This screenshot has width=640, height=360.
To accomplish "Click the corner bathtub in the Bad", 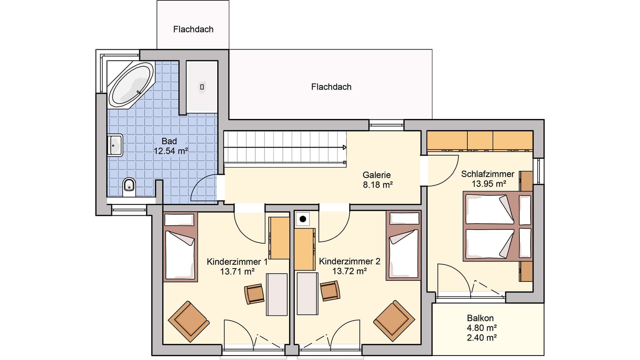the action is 131,84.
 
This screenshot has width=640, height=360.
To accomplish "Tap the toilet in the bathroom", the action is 129,187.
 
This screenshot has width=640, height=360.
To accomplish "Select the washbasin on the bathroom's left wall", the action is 115,145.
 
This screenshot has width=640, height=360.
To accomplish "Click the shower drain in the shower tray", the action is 202,87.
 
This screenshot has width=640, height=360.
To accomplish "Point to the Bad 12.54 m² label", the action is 170,146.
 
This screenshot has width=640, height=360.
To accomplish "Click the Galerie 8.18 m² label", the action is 377,180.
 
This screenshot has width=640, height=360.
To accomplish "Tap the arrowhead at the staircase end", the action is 345,148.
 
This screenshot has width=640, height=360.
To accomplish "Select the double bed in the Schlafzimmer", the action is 498,226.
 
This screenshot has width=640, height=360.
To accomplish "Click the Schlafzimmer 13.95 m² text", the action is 488,179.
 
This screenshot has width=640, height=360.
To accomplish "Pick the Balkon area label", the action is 481,328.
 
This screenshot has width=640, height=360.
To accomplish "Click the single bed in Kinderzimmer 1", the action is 180,247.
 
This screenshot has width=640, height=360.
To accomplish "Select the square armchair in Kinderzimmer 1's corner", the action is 189,321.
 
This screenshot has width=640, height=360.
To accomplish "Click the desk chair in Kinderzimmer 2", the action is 330,290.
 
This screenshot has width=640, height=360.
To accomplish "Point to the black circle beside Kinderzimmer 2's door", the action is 303,219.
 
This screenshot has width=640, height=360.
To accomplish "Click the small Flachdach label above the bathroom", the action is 193,29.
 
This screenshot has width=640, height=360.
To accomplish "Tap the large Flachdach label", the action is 331,87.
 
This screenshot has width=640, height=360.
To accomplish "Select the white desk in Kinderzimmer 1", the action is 277,294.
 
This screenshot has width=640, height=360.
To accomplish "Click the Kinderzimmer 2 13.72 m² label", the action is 349,266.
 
